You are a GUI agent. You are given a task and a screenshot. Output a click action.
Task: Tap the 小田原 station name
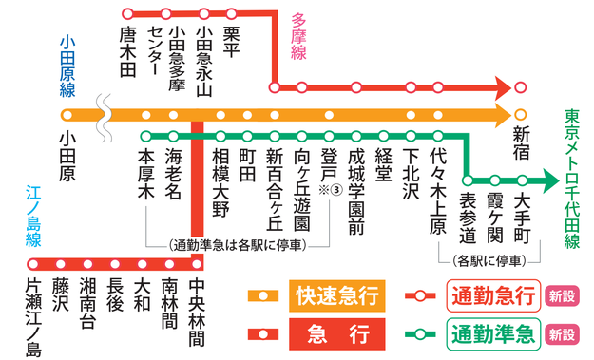tap(67, 156)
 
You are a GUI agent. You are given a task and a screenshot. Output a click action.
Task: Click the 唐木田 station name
tap(128, 48)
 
